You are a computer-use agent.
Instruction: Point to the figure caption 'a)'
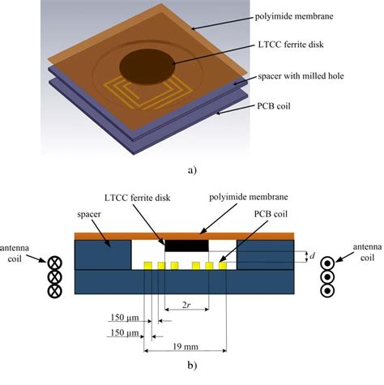tap(191, 170)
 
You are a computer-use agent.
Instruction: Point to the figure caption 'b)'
tap(191, 375)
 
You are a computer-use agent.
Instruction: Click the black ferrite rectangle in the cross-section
tap(187, 244)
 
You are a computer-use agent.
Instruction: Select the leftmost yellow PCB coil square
tap(148, 265)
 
